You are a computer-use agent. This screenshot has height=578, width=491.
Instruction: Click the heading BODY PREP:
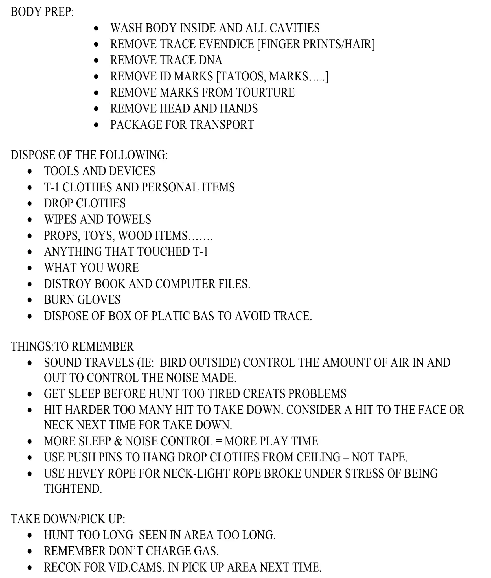(42, 12)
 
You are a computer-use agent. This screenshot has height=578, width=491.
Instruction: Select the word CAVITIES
(295, 28)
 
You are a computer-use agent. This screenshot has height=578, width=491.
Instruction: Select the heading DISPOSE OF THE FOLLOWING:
(89, 155)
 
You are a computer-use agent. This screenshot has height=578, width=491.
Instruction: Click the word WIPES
(60, 220)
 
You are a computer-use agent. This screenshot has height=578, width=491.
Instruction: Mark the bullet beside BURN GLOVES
(30, 300)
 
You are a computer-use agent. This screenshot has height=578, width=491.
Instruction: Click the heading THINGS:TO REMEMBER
(72, 347)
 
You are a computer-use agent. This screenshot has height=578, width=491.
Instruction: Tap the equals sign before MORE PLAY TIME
(218, 441)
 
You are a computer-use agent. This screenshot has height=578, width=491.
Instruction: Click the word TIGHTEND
(73, 489)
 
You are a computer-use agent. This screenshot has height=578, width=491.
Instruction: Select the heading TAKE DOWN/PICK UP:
(68, 519)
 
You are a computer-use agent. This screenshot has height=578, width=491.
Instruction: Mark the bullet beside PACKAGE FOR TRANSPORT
(96, 125)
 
